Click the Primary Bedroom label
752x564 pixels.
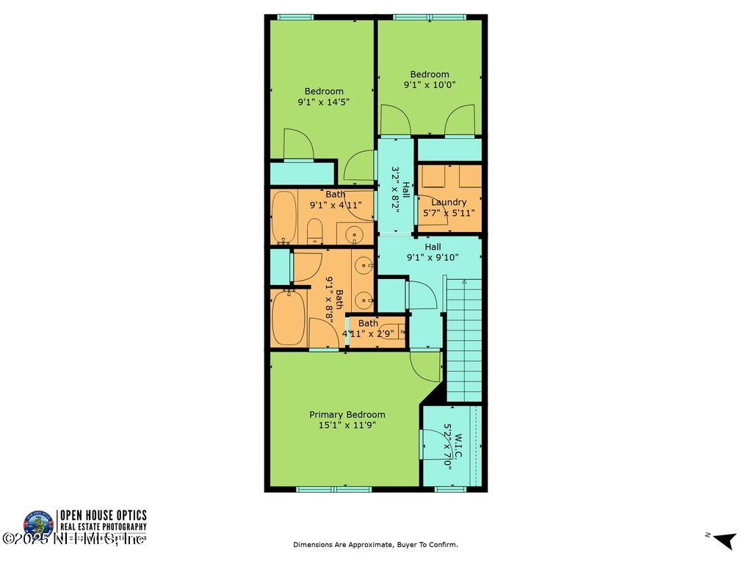coord(347,414)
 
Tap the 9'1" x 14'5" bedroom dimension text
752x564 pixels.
coord(323,102)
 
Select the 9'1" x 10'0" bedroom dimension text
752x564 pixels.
coord(430,84)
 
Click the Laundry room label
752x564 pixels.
coord(449,202)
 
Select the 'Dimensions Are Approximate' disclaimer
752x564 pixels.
coord(375,545)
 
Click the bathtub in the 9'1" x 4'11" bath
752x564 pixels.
coord(283,217)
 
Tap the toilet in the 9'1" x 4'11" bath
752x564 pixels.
coord(314,231)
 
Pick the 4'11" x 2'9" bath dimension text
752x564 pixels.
coord(368,333)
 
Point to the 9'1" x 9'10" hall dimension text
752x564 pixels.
coord(433,257)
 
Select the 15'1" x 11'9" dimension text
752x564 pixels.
coord(347,424)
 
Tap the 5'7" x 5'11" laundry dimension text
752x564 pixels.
coord(449,213)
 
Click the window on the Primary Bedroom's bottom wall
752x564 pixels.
coord(324,488)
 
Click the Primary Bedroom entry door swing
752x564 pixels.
coord(424,365)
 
